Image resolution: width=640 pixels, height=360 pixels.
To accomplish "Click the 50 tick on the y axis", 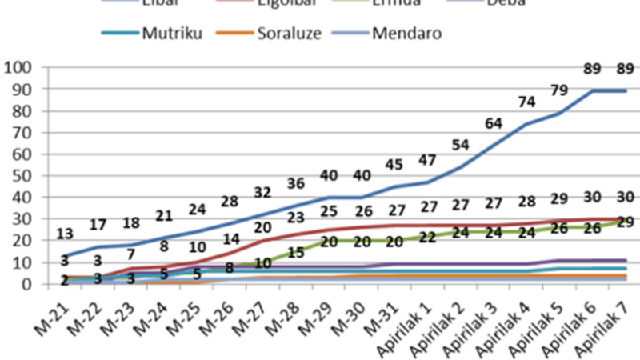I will point(21,175).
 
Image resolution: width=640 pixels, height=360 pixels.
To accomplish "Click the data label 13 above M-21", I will point(66,234).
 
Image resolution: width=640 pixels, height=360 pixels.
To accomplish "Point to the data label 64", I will point(494,123).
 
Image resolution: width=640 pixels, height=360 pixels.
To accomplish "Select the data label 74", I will point(526,102).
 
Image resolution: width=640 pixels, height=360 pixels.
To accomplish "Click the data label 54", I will point(461,145).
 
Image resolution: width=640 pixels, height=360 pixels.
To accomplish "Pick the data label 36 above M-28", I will point(296,183).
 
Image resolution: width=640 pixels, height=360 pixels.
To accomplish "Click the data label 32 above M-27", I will point(263,192).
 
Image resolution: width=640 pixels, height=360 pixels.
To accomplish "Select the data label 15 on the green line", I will point(295,253).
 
